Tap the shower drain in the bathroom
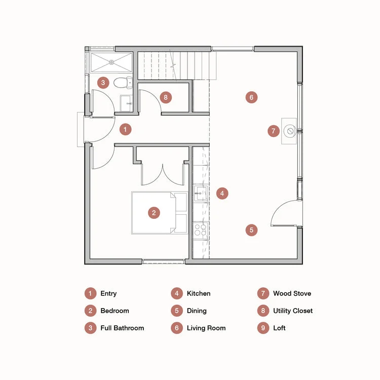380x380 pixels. (111, 62)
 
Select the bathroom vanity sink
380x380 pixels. (126, 103)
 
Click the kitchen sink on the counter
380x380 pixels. (201, 193)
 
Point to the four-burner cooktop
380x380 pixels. (201, 230)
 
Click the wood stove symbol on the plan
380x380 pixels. (290, 131)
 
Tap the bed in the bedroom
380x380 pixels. (160, 213)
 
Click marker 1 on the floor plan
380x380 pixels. (126, 129)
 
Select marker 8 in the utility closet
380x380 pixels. (166, 97)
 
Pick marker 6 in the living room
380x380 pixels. (251, 97)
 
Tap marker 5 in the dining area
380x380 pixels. (251, 230)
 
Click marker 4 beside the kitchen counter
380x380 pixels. (222, 194)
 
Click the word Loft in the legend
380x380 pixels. (279, 328)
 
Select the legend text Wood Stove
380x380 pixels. (292, 293)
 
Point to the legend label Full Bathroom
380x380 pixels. (122, 328)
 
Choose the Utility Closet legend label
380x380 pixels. (293, 311)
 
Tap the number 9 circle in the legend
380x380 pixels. (263, 328)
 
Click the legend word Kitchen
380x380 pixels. (199, 293)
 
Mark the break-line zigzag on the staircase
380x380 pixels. (173, 65)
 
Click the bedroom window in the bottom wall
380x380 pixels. (164, 261)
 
